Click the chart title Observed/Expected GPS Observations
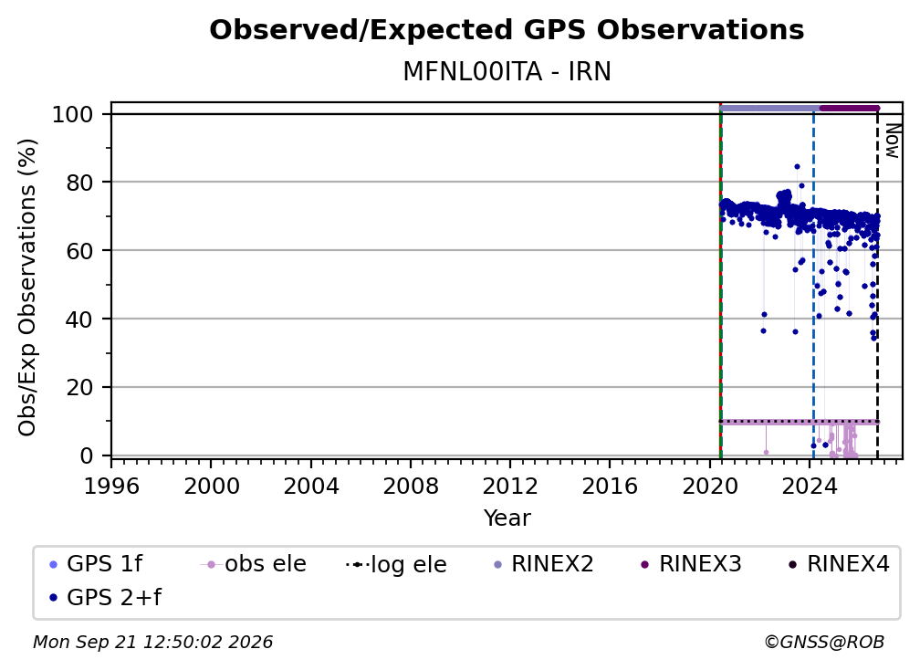point(507,30)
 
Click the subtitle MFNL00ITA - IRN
point(507,72)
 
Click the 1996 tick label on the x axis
point(111,487)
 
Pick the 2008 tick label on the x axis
point(410,487)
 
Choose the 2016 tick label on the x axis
point(610,487)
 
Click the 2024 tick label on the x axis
point(809,487)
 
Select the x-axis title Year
point(507,518)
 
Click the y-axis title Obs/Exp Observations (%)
point(27,288)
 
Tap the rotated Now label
point(892,141)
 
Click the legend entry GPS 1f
point(97,564)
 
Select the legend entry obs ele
point(253,564)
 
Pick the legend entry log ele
point(397,564)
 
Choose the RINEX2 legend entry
point(544,564)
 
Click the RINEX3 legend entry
point(692,564)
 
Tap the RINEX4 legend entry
point(840,564)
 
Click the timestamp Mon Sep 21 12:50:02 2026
point(152,642)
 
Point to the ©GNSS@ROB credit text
point(824,642)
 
